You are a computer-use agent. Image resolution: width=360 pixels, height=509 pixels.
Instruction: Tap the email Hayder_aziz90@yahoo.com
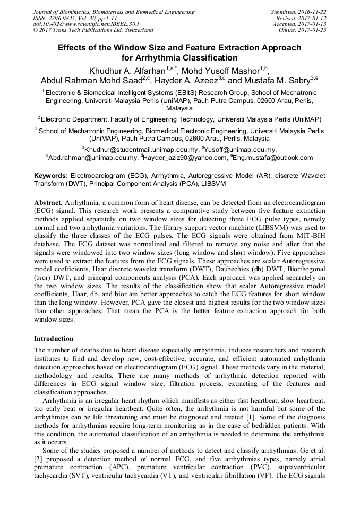point(184,158)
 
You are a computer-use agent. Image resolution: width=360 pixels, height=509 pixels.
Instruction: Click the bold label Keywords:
point(51,176)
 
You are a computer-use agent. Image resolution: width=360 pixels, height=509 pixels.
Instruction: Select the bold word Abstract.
point(49,203)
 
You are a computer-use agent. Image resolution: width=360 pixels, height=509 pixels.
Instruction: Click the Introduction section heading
point(54,338)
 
